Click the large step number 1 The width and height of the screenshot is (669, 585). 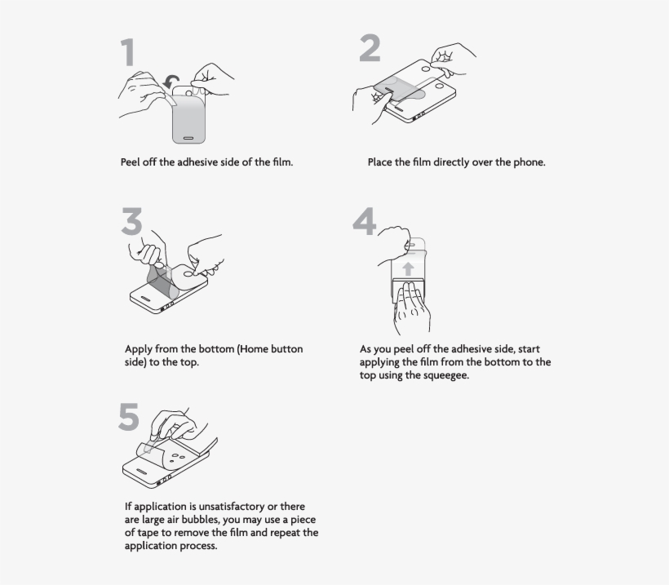point(128,52)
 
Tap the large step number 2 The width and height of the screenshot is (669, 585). point(370,48)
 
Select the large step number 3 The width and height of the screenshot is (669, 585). point(131,221)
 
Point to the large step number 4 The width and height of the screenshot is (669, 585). point(365,221)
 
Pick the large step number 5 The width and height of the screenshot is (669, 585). point(129,416)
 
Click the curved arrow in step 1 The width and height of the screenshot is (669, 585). point(171,82)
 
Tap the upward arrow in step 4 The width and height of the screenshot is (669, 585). point(408,268)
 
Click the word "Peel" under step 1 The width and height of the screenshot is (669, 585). point(130,162)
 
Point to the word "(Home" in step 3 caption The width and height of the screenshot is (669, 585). point(254,349)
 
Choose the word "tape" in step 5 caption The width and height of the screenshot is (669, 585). point(147,533)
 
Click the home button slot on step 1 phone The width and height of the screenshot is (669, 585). point(188,138)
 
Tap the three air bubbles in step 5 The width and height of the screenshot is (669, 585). point(177,457)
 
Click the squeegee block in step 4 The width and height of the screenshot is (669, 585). point(408,290)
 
